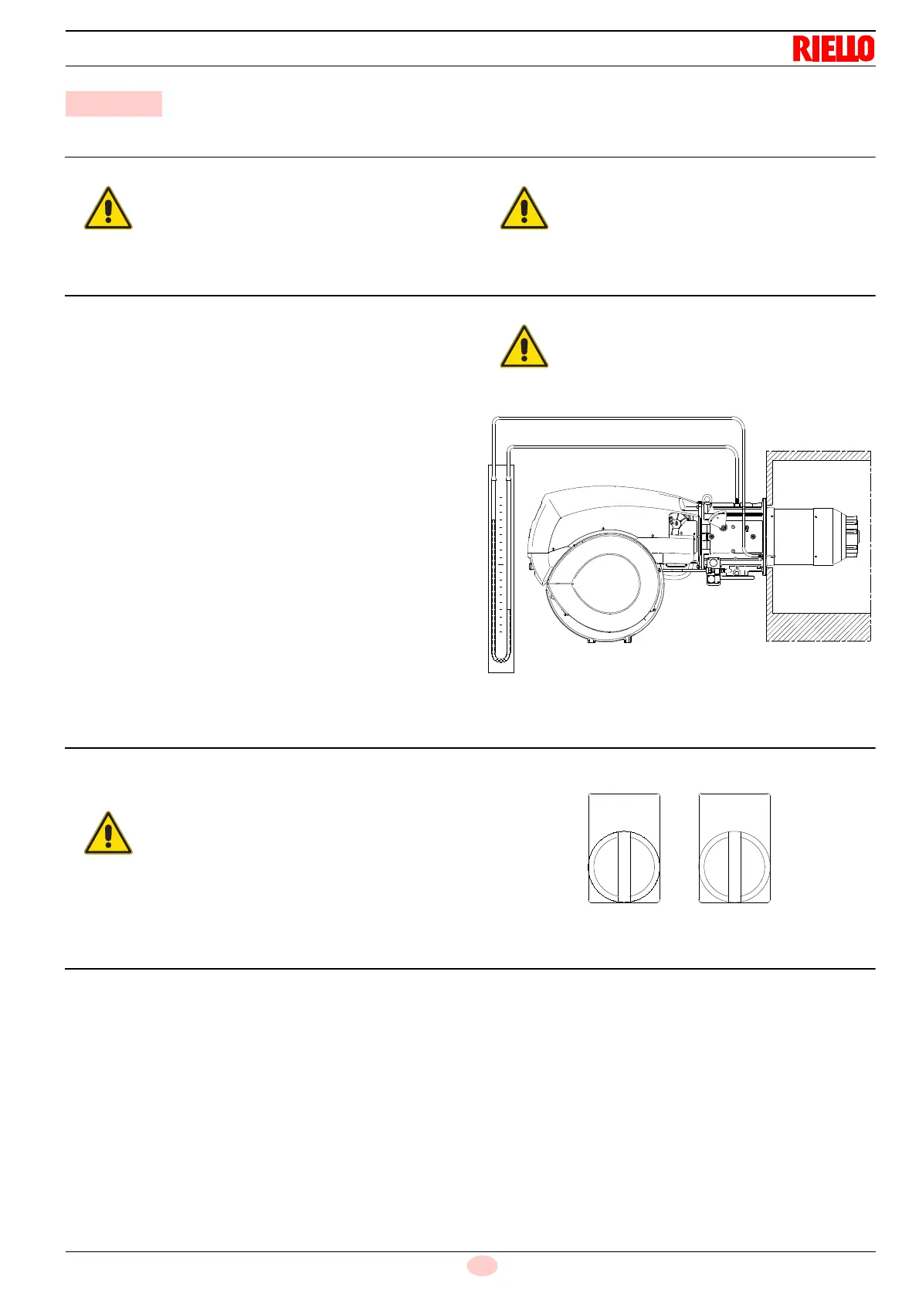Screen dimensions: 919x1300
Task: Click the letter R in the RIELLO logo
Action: pyautogui.click(x=800, y=49)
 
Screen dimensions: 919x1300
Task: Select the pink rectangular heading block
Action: pyautogui.click(x=114, y=103)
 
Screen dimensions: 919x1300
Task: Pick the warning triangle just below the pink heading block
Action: pyautogui.click(x=108, y=208)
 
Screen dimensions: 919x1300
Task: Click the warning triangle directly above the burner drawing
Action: pyautogui.click(x=524, y=347)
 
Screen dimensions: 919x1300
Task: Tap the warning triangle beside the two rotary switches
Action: pyautogui.click(x=108, y=834)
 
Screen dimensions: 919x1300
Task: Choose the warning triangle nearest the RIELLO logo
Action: pyautogui.click(x=524, y=208)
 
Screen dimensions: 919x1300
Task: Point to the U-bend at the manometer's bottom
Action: pyautogui.click(x=501, y=657)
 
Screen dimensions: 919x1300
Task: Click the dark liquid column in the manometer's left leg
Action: pyautogui.click(x=495, y=587)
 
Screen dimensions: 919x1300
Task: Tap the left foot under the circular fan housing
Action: pyautogui.click(x=592, y=639)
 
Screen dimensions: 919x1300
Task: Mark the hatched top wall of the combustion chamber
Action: pyautogui.click(x=818, y=455)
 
